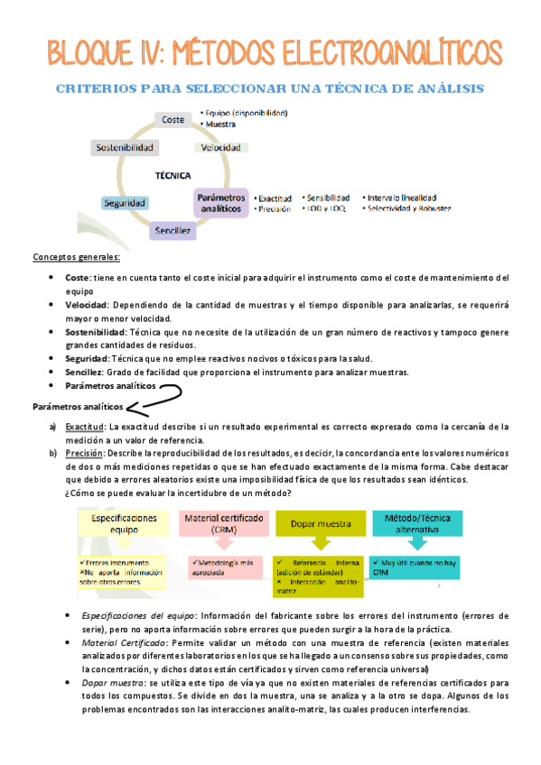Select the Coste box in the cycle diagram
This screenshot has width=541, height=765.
[172, 119]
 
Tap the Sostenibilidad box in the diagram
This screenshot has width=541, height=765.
[125, 147]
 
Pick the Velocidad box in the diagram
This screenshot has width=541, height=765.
[220, 147]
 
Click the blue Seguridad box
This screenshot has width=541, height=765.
[125, 203]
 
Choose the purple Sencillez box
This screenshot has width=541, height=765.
[172, 231]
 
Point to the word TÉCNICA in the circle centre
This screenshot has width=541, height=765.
[172, 176]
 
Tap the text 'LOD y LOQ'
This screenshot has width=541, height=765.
[325, 208]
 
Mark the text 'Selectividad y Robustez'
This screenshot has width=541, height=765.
[407, 208]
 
